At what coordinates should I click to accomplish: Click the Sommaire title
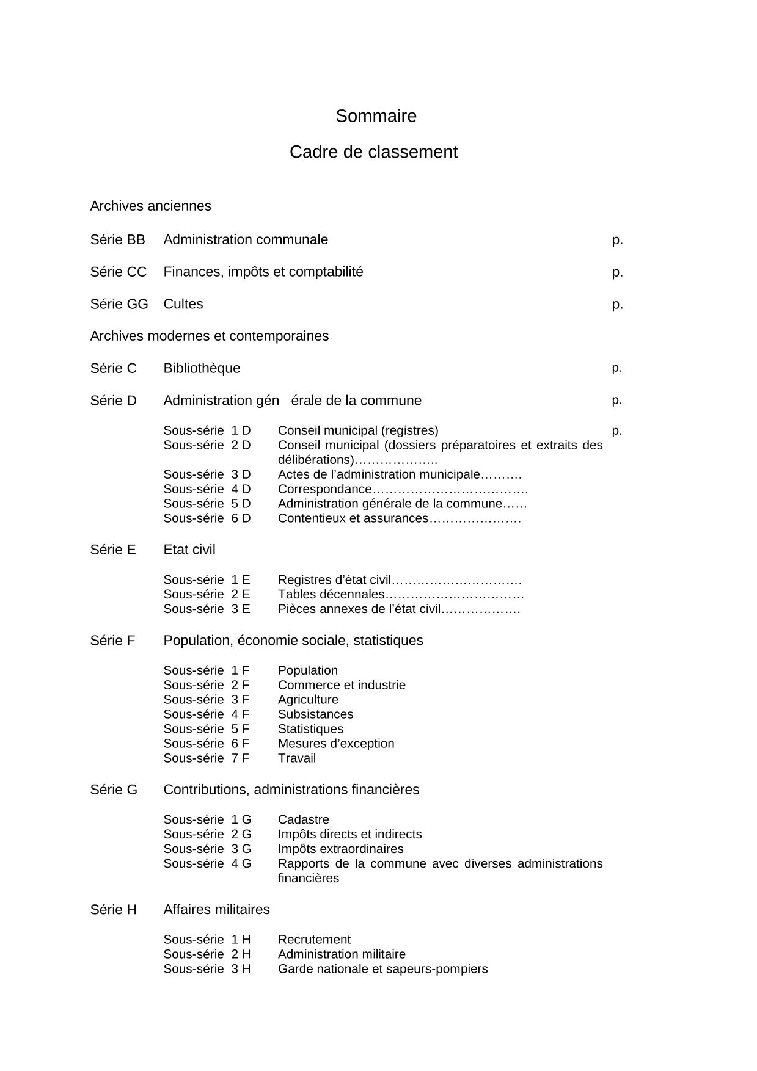(x=376, y=116)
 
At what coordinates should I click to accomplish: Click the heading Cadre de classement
(x=373, y=152)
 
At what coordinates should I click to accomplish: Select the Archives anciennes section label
(x=150, y=206)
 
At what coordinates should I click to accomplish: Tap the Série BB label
(x=117, y=240)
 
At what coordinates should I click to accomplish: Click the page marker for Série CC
(x=617, y=272)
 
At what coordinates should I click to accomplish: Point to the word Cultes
(x=183, y=304)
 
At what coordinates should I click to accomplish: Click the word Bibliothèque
(x=202, y=368)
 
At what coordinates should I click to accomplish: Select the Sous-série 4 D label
(x=207, y=489)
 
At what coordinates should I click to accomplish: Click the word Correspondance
(x=324, y=489)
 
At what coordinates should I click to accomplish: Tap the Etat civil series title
(x=189, y=550)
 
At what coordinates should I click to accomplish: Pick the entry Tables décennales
(x=331, y=594)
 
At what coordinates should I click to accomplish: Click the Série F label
(x=112, y=641)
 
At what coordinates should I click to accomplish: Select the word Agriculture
(x=307, y=700)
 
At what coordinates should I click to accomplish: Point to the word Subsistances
(x=315, y=714)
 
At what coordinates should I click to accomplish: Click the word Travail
(x=297, y=758)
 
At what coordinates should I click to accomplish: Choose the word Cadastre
(x=303, y=819)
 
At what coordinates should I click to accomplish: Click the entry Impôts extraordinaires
(x=340, y=849)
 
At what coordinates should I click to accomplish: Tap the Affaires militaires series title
(x=216, y=910)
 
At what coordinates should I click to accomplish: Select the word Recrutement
(x=314, y=940)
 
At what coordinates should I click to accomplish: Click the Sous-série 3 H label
(x=207, y=969)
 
